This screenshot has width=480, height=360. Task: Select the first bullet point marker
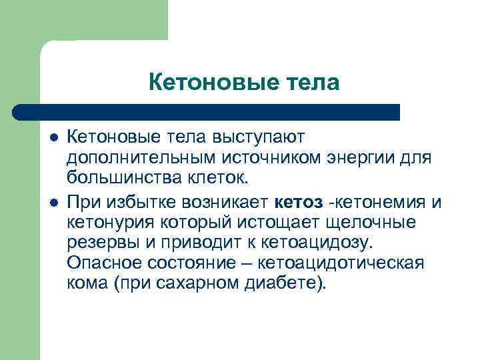tap(53, 137)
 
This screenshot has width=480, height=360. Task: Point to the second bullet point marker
tap(53, 200)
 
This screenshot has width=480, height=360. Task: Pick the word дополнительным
tap(132, 158)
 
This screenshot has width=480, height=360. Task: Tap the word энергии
tap(363, 158)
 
